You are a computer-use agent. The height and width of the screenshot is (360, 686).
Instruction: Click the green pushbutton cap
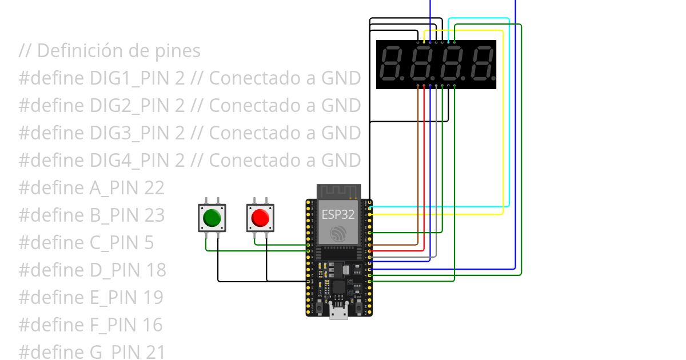point(212,218)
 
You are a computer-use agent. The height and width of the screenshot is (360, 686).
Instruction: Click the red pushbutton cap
point(260,218)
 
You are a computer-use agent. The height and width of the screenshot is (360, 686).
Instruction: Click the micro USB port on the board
point(339,313)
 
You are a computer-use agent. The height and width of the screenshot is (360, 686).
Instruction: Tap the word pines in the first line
point(178,50)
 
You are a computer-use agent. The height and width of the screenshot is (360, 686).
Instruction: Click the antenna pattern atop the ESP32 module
point(339,190)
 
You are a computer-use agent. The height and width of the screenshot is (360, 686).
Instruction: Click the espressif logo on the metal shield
point(339,233)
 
